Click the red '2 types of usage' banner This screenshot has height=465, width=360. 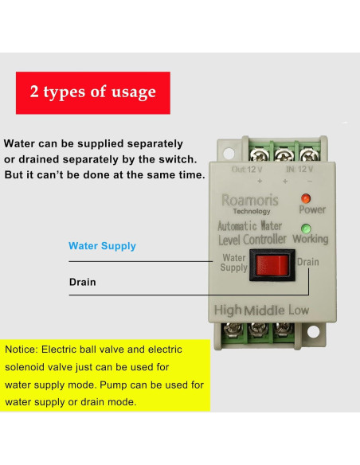93,92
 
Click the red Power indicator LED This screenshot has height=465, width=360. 305,197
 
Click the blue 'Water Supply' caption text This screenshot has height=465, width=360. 102,246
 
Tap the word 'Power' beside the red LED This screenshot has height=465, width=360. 312,210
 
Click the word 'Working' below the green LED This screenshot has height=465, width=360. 311,239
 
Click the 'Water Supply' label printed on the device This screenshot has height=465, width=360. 233,262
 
